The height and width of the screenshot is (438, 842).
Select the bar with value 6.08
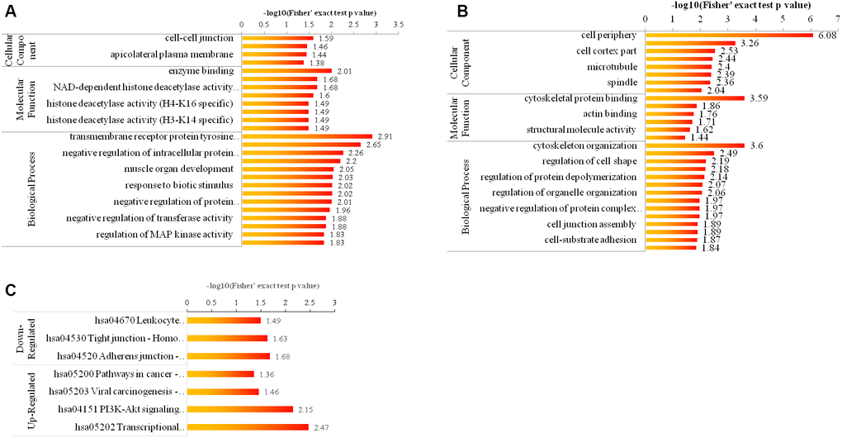[x=728, y=35]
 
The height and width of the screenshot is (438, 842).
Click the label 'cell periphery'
[x=606, y=35]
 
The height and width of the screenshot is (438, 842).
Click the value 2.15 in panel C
[x=306, y=409]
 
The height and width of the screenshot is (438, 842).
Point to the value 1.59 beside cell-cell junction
[x=326, y=38]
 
